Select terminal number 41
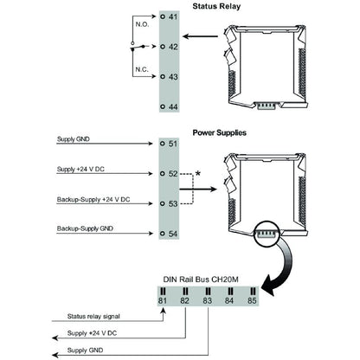tap(172, 17)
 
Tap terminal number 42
tap(172, 48)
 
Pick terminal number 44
tap(172, 106)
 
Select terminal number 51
tap(172, 145)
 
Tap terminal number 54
tap(172, 234)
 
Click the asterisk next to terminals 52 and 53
tap(198, 174)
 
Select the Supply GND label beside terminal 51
tap(74, 139)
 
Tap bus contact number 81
tap(162, 302)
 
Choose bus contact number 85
tap(250, 302)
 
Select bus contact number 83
tap(207, 302)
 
